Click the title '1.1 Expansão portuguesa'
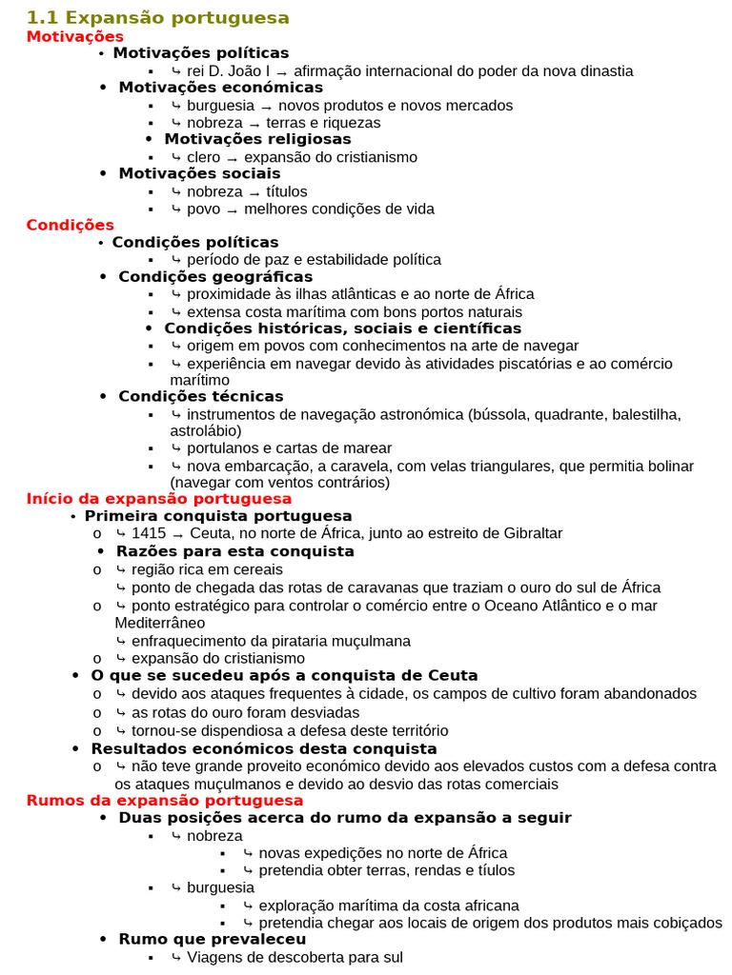pos(158,18)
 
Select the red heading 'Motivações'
pos(75,36)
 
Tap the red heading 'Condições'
pos(71,225)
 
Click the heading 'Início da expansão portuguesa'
pos(159,499)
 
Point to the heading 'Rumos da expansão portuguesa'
pos(165,801)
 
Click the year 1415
pos(149,533)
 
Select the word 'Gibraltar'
pos(530,533)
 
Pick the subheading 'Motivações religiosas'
pos(257,139)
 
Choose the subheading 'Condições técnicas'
pos(201,396)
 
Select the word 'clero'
pos(203,157)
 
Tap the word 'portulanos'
pos(222,448)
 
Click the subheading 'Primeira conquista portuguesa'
pos(218,516)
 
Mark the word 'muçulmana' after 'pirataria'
pos(371,641)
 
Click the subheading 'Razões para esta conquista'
pos(235,551)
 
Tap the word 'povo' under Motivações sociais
pos(203,209)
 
